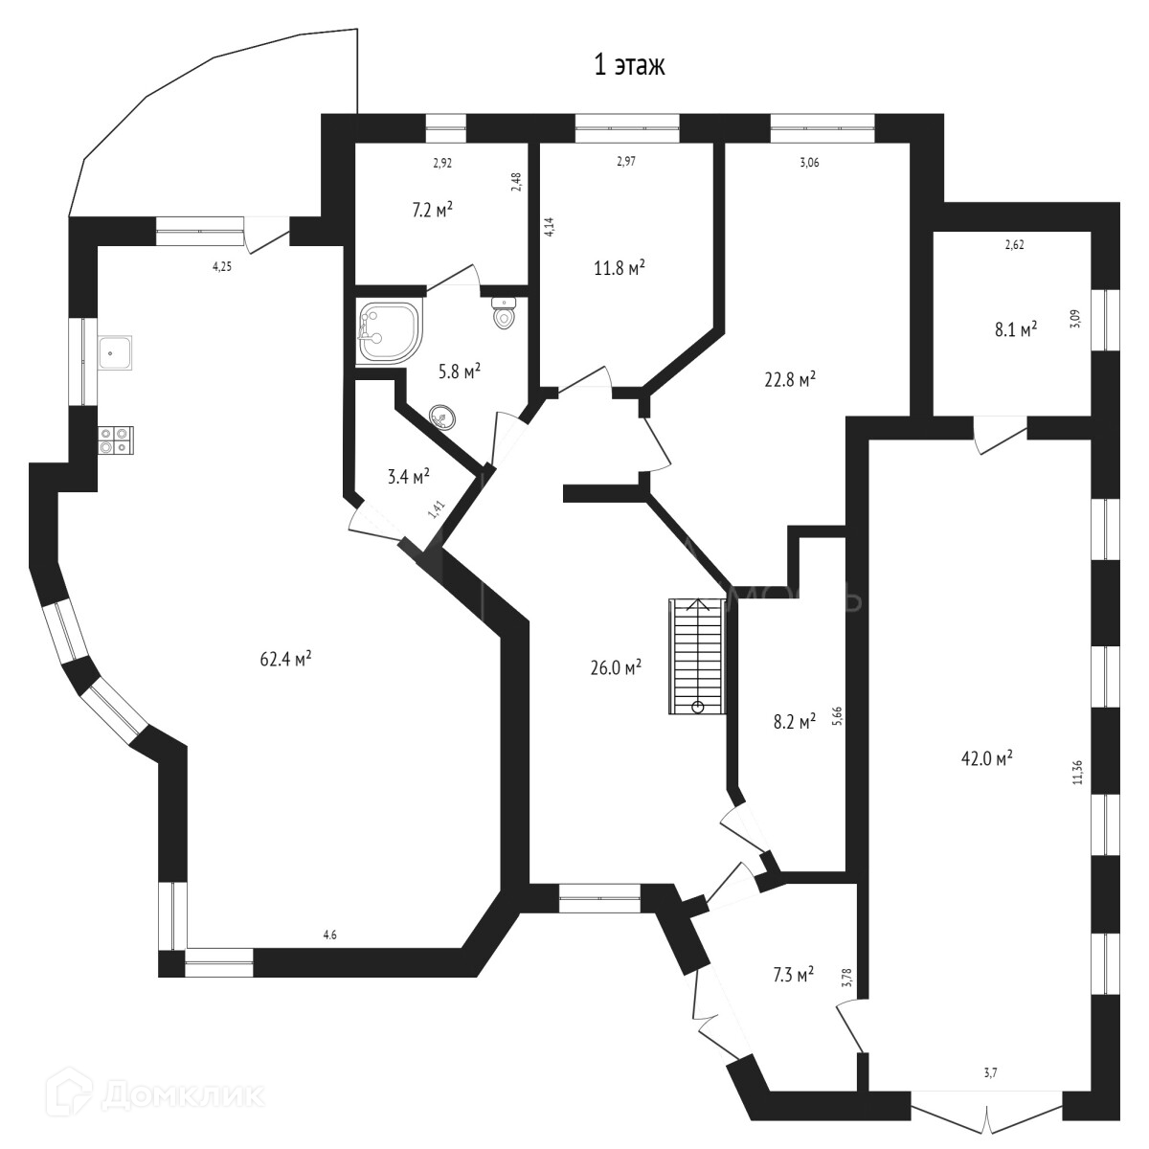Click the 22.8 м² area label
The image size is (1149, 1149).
coord(790,380)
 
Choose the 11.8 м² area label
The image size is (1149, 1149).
coord(619,269)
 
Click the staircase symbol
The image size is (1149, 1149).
coord(696,655)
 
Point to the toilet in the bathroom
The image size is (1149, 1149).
coord(505,312)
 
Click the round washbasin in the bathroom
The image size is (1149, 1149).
coord(442,417)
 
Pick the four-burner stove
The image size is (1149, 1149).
coord(115,439)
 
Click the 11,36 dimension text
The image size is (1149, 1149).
coord(1079,772)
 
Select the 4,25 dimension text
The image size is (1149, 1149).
coord(222,267)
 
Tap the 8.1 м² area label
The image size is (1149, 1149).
coord(1014,330)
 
